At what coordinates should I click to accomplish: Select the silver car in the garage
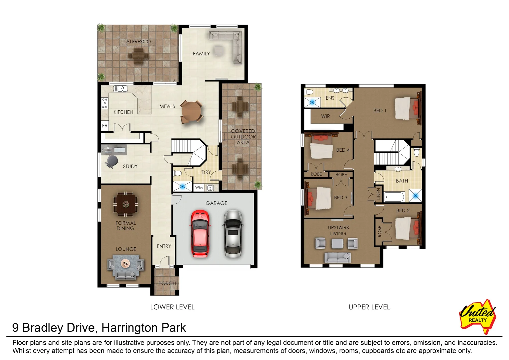[x=232, y=234]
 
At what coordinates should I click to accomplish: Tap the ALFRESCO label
[x=138, y=42]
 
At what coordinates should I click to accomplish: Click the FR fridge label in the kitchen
[x=105, y=126]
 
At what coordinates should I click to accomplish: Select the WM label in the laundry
[x=199, y=188]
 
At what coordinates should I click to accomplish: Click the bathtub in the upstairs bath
[x=394, y=197]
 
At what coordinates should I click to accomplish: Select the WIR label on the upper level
[x=326, y=116]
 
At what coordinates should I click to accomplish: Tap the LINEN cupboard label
[x=378, y=194]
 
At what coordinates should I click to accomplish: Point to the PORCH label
[x=167, y=283]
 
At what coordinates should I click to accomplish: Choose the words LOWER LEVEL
[x=172, y=307]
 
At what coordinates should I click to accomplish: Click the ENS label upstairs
[x=330, y=98]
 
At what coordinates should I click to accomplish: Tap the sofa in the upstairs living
[x=338, y=257]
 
